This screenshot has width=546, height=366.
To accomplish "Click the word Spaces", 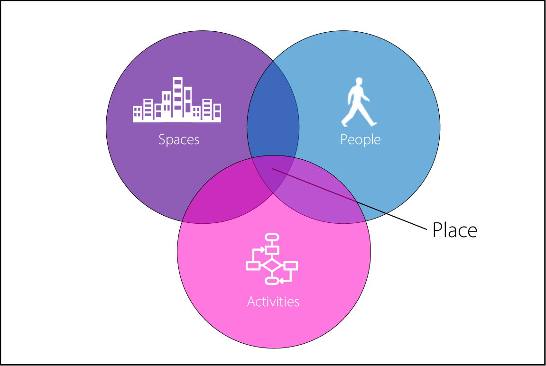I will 179,140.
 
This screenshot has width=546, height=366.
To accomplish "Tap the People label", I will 360,140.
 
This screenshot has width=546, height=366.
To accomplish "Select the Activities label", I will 273,302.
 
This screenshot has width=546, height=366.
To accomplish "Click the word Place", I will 454,230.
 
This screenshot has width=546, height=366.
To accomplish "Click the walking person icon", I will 359,102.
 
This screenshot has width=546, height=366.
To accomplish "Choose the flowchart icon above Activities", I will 272,259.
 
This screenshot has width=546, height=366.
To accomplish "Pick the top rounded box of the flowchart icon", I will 272,237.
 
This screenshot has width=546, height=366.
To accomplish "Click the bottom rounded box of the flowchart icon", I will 272,282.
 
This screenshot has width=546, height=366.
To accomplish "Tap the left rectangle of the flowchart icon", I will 253,265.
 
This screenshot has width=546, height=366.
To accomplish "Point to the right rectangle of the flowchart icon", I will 290,265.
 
